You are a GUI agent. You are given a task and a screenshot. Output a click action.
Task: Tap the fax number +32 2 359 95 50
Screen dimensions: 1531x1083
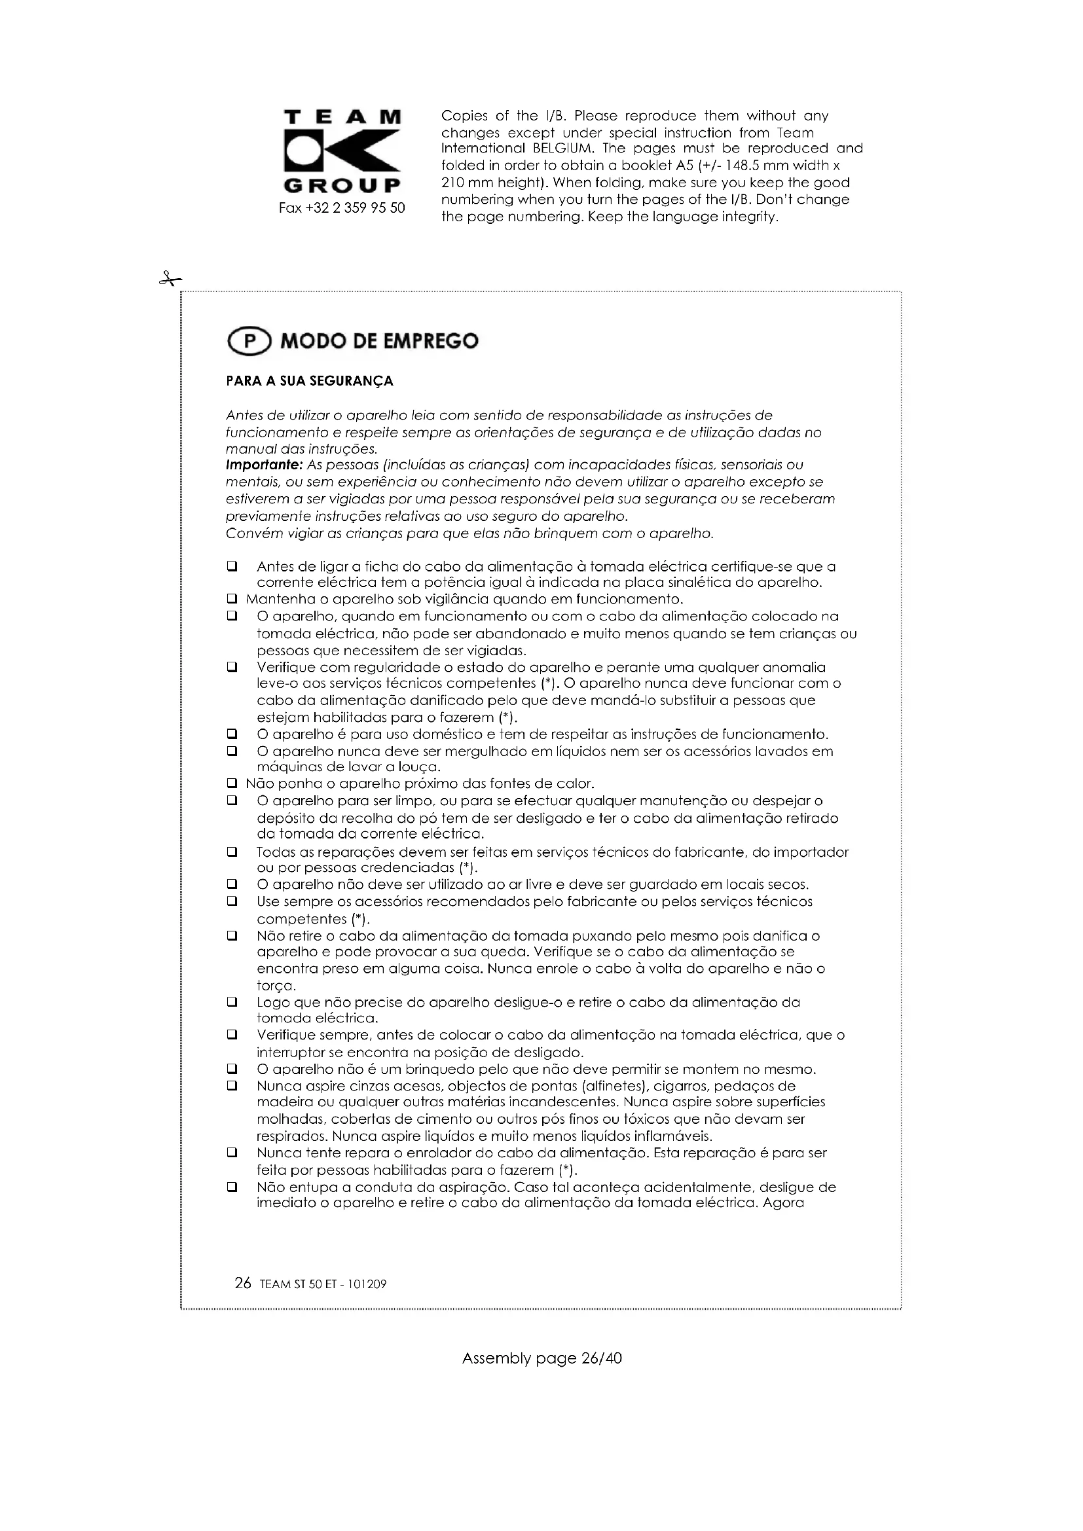click(x=342, y=208)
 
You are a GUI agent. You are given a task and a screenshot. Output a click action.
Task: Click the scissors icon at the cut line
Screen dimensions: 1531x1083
click(x=170, y=279)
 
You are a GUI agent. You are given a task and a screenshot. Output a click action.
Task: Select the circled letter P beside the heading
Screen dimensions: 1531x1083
click(x=249, y=342)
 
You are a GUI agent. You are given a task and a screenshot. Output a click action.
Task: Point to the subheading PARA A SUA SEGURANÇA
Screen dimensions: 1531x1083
click(x=310, y=382)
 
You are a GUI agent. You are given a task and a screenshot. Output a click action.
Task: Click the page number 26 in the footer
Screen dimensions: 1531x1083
click(x=243, y=1284)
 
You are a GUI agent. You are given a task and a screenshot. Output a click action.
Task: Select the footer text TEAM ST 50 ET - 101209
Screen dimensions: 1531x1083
click(x=323, y=1285)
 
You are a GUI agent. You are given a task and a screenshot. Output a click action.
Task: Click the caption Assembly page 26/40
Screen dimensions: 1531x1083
click(x=541, y=1358)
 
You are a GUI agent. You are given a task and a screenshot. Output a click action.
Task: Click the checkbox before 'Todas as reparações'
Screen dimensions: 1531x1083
click(x=232, y=852)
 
